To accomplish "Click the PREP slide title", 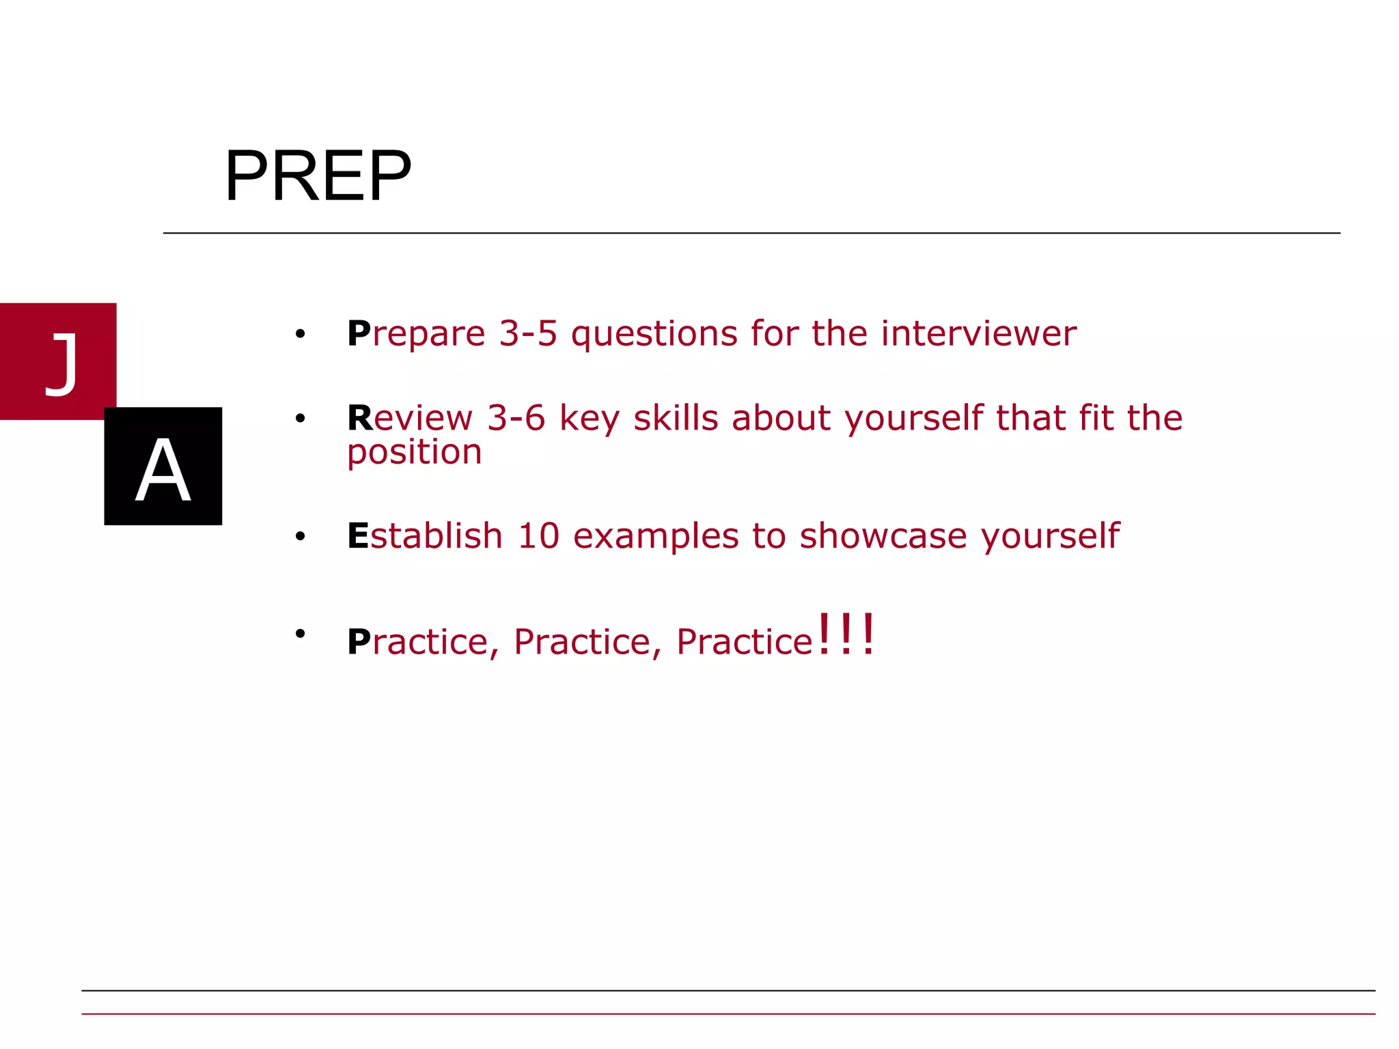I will click(318, 176).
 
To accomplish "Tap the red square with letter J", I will click(58, 361).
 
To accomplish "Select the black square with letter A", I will click(163, 466).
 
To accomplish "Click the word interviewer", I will click(978, 333).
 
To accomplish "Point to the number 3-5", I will click(528, 333).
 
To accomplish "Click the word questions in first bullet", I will click(654, 335).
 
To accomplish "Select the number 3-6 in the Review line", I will click(516, 418).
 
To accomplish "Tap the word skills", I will click(676, 417).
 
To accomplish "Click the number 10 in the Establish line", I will click(538, 536).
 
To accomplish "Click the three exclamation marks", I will click(846, 635).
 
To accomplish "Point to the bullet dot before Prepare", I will click(300, 334).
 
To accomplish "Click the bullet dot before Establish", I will click(300, 537).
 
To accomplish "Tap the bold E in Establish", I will click(358, 536).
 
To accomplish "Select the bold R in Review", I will click(360, 418).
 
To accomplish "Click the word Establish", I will click(425, 536).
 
